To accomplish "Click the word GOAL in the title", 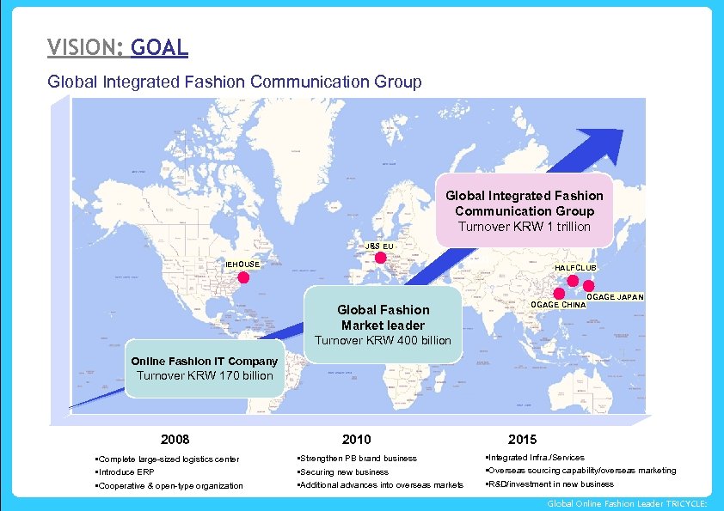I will point(160,47).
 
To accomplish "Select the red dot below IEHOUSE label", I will point(243,277).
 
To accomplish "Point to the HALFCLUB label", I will point(575,268).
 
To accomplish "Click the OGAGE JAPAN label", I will point(615,297).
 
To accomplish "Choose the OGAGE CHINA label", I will point(558,305).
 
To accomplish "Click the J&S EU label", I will point(379,246).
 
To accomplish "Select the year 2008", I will point(175,439).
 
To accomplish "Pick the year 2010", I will point(356,439).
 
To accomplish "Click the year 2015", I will point(522,439).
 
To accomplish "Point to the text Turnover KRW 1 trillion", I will point(524,227).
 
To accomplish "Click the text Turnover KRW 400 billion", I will point(383,340).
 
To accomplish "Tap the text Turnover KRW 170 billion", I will point(205,375).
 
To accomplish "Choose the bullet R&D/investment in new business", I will point(549,484).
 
